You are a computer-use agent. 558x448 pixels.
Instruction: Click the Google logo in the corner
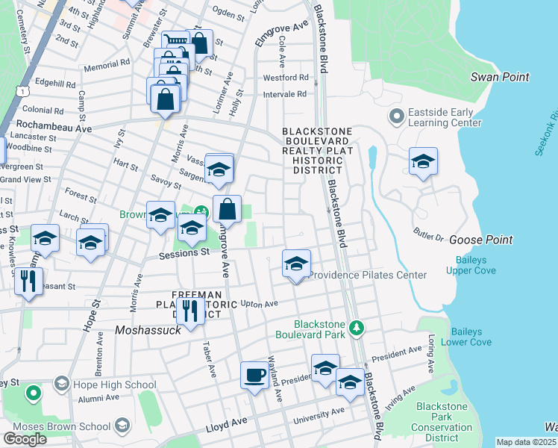click(25, 439)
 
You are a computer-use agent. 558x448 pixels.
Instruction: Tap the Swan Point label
click(500, 77)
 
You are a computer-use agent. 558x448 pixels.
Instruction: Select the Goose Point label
click(480, 240)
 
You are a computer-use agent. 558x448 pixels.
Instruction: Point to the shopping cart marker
click(175, 42)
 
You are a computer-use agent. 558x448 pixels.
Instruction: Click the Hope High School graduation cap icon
click(61, 385)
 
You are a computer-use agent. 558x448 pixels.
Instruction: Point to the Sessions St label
click(184, 254)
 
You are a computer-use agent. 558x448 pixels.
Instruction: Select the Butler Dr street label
click(429, 234)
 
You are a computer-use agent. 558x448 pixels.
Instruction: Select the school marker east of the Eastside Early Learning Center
click(423, 161)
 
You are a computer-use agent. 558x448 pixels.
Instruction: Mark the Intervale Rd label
click(285, 94)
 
